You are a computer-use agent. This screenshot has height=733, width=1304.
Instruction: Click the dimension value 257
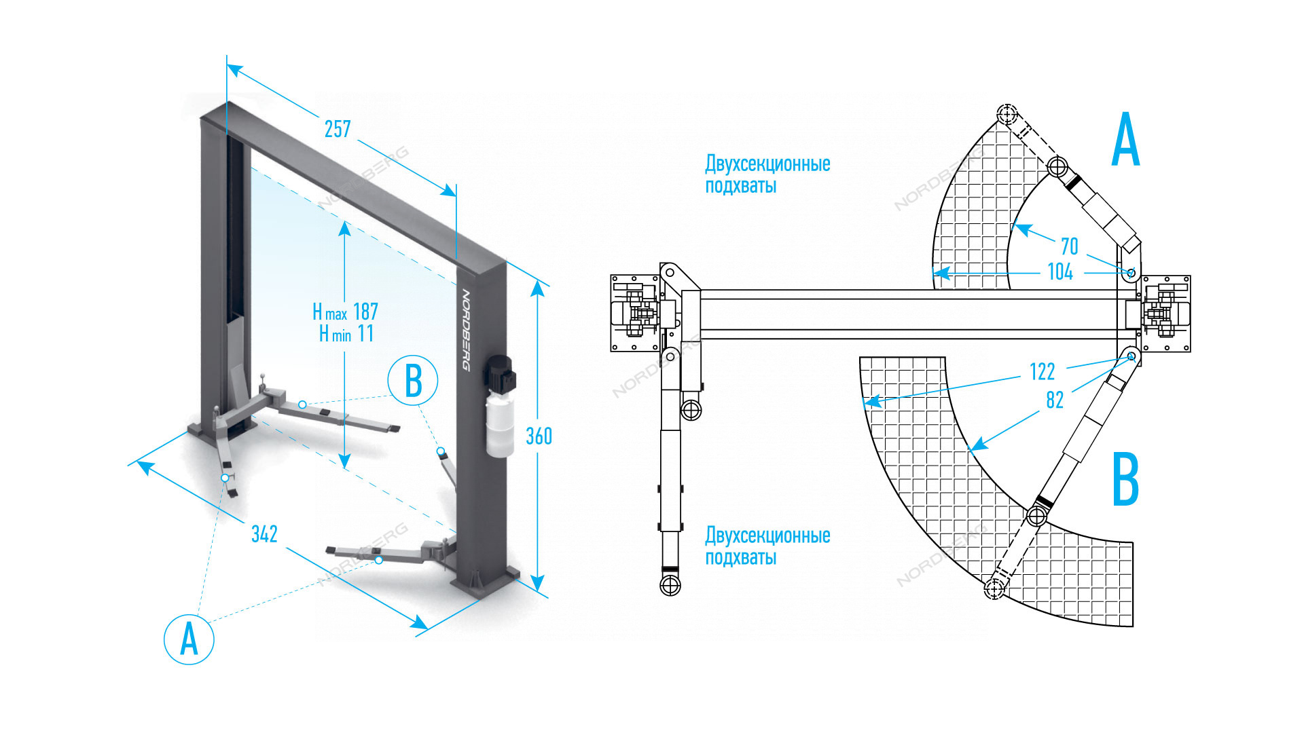tap(338, 129)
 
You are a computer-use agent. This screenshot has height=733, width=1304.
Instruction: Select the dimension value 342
tap(264, 534)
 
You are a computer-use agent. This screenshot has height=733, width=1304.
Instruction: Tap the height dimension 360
tap(539, 436)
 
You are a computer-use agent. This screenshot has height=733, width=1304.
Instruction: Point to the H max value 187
tap(365, 312)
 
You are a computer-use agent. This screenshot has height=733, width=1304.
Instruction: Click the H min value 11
tap(365, 334)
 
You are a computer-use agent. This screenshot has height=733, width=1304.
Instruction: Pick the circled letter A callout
tap(189, 639)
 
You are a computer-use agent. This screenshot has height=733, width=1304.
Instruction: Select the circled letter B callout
tap(413, 380)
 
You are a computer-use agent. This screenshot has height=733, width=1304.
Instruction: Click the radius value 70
tap(1069, 246)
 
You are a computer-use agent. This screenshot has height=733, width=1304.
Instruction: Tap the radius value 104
tap(1060, 272)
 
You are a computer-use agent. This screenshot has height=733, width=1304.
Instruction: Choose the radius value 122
tap(1042, 372)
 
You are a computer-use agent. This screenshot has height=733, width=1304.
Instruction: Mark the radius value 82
tap(1055, 400)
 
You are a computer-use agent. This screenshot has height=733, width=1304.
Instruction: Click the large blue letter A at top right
tap(1125, 140)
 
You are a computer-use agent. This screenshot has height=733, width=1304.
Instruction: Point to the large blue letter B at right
tap(1125, 479)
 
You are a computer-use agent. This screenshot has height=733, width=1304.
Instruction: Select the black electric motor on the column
tap(501, 374)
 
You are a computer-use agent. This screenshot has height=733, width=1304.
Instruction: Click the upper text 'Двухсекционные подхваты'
tap(767, 174)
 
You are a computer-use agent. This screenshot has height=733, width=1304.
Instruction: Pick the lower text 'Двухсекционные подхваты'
tap(767, 546)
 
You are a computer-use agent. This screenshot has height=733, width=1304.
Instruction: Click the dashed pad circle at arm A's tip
tap(1007, 114)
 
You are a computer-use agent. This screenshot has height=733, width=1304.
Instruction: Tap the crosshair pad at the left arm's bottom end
tap(670, 585)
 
